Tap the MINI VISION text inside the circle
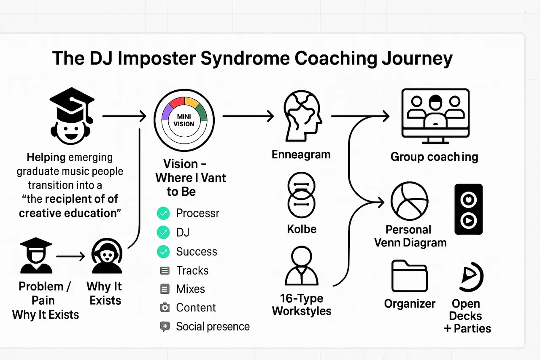pos(184,120)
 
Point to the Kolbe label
pos(301,230)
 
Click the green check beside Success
pos(163,252)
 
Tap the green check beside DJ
pos(163,232)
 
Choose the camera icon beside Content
pos(165,308)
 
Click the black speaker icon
pos(468,209)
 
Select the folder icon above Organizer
pos(409,276)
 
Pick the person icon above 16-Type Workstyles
pos(301,266)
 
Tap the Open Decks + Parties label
pos(467,316)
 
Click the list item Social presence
pos(213,326)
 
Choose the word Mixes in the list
pos(190,289)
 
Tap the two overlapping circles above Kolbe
pos(301,195)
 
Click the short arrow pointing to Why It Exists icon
pos(70,256)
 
